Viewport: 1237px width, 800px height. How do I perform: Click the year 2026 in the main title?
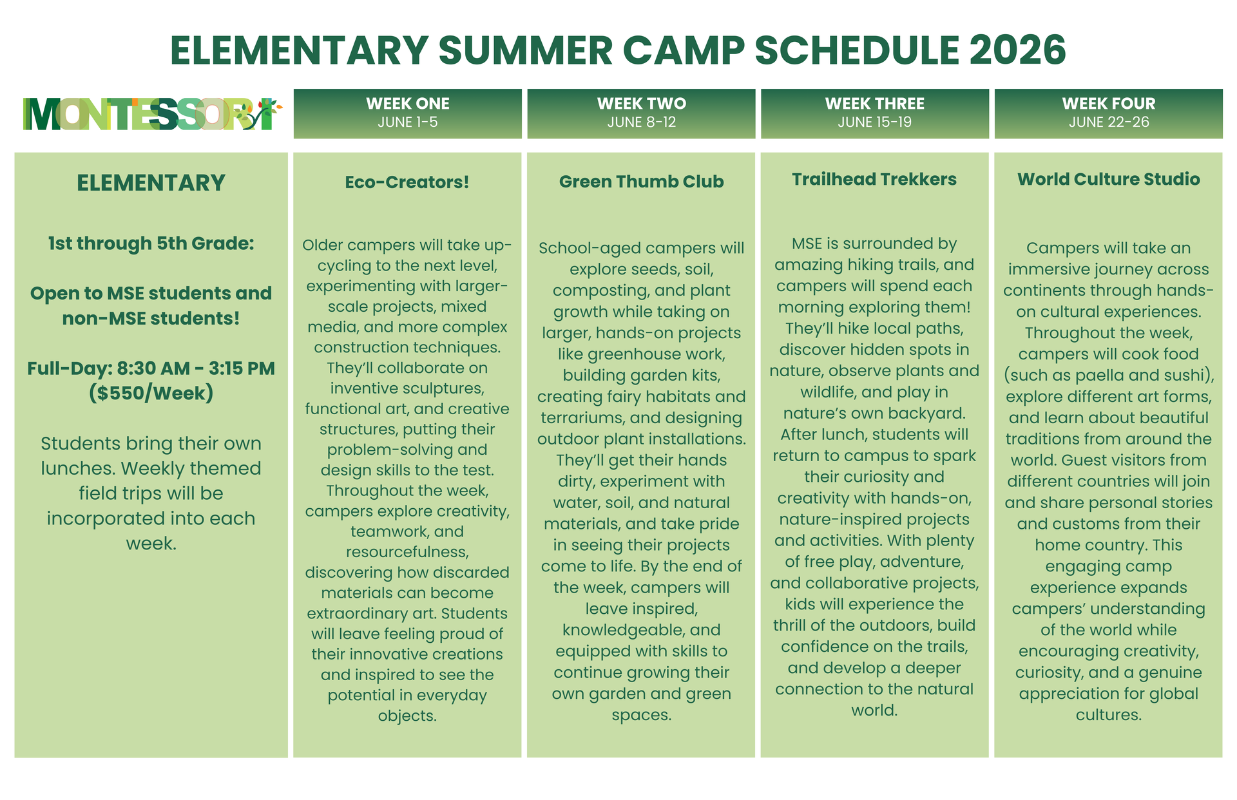click(x=1017, y=50)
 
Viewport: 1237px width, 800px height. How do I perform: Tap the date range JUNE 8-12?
click(x=642, y=122)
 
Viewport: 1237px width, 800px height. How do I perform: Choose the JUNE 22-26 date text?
click(x=1109, y=122)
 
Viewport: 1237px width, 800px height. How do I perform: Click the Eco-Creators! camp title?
click(x=407, y=182)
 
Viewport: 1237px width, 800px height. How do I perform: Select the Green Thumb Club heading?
click(x=642, y=182)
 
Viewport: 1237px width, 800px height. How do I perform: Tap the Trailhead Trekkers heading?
click(x=874, y=179)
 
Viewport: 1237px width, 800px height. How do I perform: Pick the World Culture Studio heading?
click(x=1109, y=179)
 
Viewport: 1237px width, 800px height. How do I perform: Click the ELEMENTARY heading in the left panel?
click(x=151, y=183)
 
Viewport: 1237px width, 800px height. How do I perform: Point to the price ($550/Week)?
click(x=151, y=393)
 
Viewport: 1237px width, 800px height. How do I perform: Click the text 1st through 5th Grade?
click(x=151, y=243)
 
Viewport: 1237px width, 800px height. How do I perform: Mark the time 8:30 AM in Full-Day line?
click(x=153, y=368)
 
